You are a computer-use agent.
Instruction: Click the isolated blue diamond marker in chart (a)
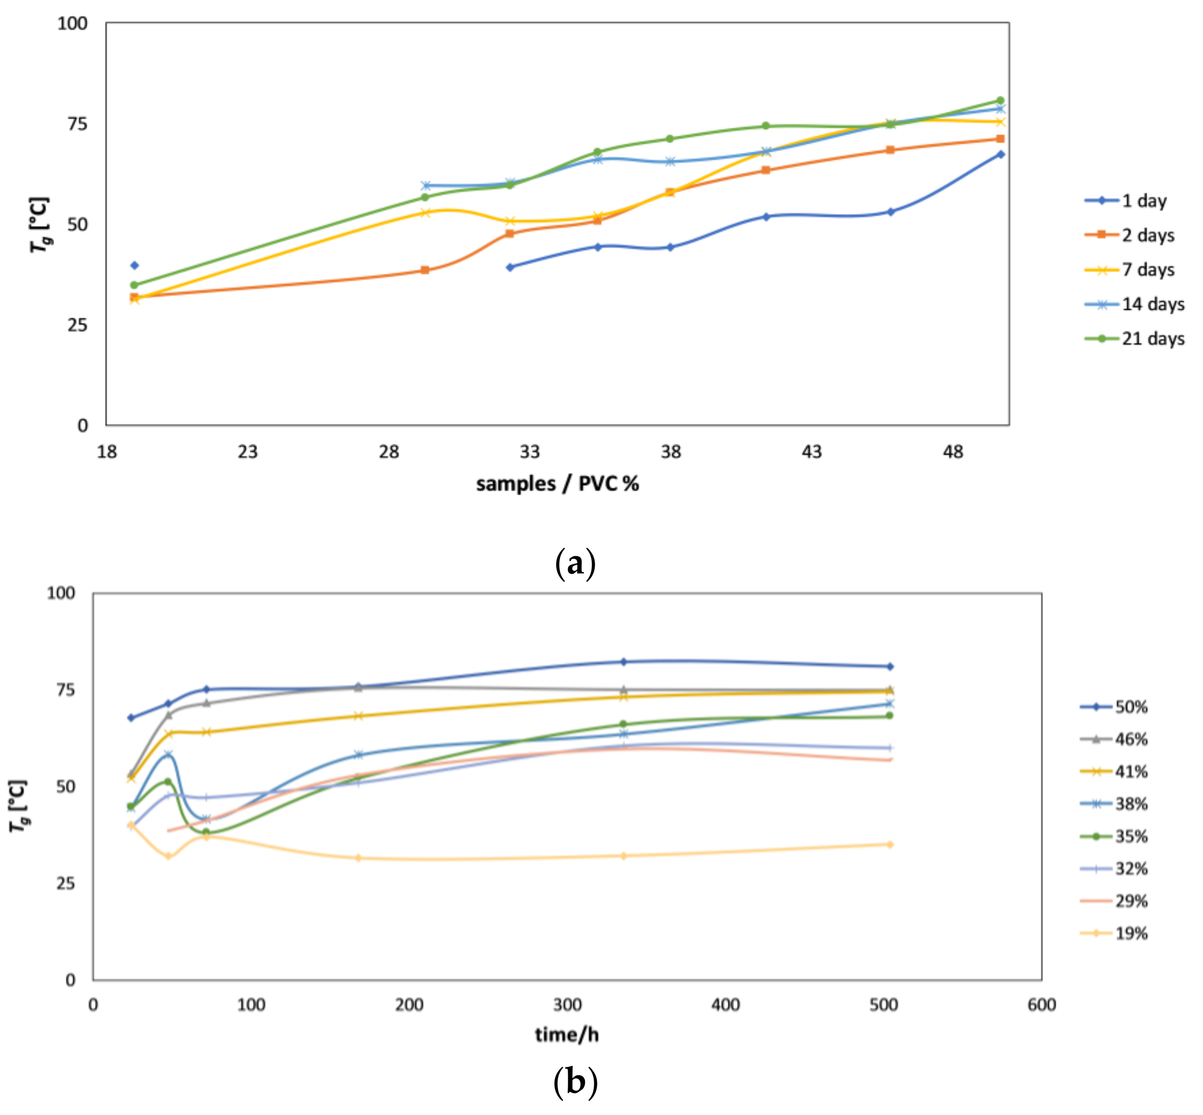tap(135, 265)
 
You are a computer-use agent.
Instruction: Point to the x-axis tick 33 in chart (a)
tap(530, 451)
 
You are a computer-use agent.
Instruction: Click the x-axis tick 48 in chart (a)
tap(953, 451)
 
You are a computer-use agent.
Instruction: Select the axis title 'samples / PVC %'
tap(557, 484)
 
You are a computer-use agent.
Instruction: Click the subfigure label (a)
tap(575, 564)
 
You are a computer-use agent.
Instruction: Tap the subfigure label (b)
tap(575, 1081)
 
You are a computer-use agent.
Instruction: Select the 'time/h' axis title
tap(566, 1035)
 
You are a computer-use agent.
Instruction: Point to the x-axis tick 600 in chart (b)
tap(1041, 1005)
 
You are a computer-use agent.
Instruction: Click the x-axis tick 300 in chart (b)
tap(567, 1005)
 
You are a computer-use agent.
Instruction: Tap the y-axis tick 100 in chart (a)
tap(72, 23)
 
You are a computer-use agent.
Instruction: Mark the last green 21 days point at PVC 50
tap(1000, 101)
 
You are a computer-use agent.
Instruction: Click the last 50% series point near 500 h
tap(889, 667)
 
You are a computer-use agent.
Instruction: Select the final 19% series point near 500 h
tap(889, 845)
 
